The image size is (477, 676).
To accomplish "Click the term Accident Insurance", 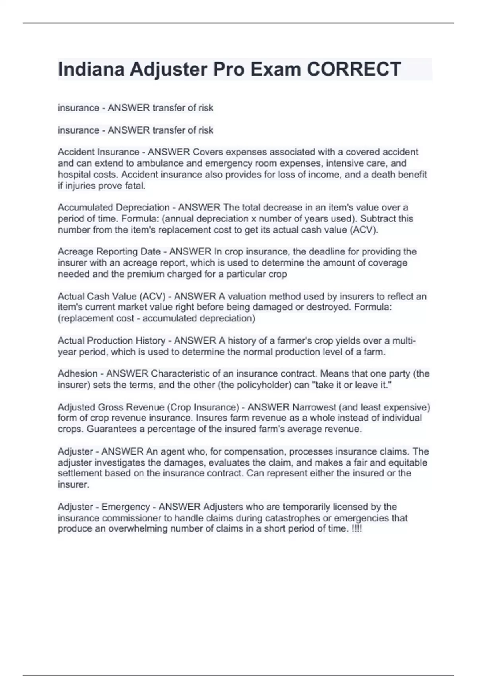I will tap(98, 152).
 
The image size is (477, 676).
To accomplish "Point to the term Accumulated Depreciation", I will tap(113, 207).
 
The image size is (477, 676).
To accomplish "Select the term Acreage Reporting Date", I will tap(109, 251).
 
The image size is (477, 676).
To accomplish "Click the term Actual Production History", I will tap(111, 340).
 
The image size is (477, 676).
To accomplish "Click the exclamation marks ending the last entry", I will tap(357, 529).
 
